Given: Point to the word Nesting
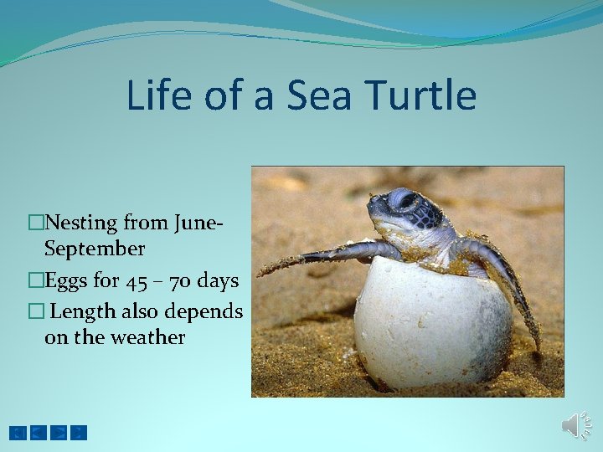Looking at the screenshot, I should [82, 223].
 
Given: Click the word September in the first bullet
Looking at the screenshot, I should [95, 249].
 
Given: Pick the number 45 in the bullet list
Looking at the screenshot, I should [134, 280].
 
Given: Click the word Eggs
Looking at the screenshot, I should [64, 280].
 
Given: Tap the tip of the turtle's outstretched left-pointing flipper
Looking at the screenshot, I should [262, 271].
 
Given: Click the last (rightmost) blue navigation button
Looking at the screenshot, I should [79, 433].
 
